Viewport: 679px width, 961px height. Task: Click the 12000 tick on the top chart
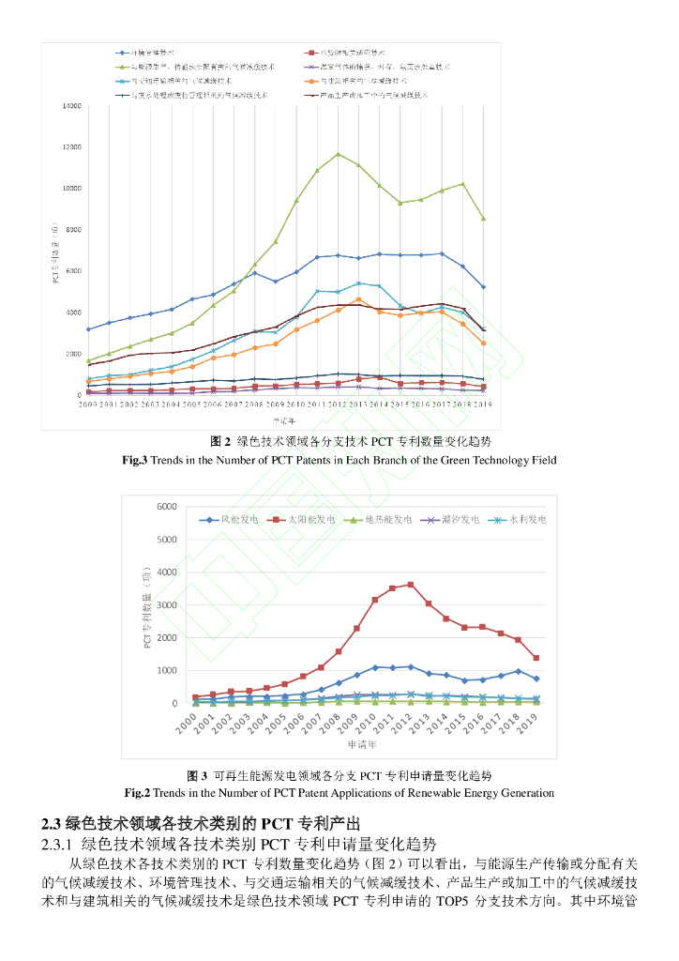point(72,147)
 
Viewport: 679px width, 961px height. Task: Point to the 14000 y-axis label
point(72,106)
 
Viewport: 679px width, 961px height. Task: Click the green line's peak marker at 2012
point(339,154)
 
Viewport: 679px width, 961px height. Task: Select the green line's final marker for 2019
point(483,219)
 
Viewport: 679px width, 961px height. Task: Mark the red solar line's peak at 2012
point(410,585)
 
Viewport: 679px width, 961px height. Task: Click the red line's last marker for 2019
point(536,658)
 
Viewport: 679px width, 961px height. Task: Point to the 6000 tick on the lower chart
point(167,507)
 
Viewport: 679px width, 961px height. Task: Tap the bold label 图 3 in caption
point(198,776)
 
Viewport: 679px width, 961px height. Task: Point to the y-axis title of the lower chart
point(147,607)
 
